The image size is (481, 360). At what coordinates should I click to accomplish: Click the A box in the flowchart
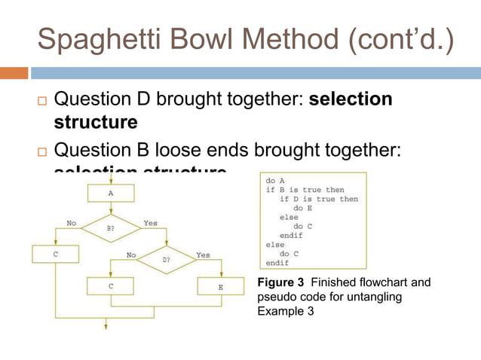111,194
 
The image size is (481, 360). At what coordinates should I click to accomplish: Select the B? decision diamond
111,225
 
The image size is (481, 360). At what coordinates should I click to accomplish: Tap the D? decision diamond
167,258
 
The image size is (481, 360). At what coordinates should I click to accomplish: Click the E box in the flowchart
221,287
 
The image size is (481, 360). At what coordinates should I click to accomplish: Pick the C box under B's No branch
55,255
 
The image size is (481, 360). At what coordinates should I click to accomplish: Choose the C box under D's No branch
112,287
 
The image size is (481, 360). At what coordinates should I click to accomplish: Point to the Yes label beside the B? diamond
151,223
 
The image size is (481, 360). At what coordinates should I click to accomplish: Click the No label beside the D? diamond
131,255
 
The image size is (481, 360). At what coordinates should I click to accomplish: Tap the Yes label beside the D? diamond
203,255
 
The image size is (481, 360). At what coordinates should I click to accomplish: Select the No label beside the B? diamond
72,223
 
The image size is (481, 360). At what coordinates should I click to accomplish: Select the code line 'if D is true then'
319,199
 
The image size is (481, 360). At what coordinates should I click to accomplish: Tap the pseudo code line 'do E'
303,208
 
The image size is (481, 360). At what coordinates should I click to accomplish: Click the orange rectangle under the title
14,73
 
